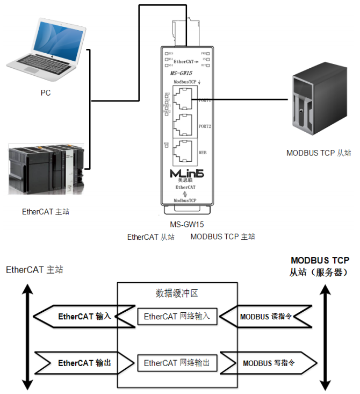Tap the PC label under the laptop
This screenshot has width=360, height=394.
tap(46, 92)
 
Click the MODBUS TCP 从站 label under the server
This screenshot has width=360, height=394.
tap(319, 153)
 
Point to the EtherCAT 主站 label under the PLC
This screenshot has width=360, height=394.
tap(46, 212)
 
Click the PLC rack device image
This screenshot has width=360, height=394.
tap(46, 168)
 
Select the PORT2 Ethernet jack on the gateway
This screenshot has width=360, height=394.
tap(184, 126)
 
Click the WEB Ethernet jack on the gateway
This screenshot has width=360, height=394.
tap(184, 152)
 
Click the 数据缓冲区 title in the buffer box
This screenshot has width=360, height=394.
tap(177, 293)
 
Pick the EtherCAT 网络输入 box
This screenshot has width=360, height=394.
tap(177, 317)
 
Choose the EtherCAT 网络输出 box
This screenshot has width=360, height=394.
tap(177, 363)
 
